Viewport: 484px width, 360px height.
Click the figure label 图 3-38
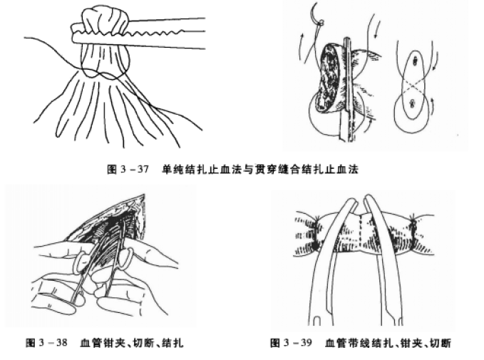coord(48,343)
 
